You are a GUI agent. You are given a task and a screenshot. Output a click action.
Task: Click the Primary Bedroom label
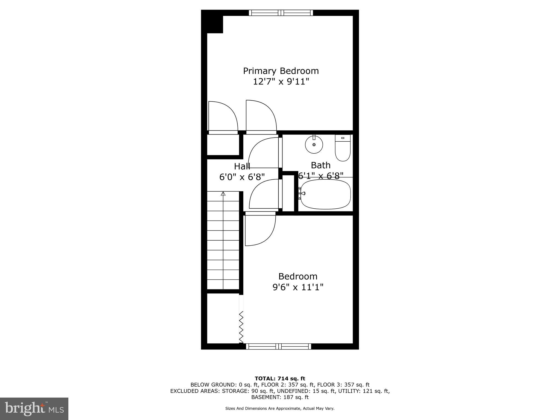[x=281, y=71]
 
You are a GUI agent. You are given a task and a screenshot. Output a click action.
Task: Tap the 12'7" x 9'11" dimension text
[x=281, y=81]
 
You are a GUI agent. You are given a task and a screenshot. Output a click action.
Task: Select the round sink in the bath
[x=314, y=144]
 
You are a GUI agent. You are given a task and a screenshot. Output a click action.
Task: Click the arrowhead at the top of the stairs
[x=223, y=194]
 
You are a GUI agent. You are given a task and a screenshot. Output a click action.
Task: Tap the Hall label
[x=242, y=166]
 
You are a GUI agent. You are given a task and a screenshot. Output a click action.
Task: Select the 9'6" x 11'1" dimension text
[x=298, y=287]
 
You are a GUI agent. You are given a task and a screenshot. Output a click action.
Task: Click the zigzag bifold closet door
[x=241, y=327]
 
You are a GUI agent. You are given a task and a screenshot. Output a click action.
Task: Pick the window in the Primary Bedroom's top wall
[x=281, y=13]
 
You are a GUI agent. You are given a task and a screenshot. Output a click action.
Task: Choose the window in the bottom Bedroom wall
[x=279, y=346]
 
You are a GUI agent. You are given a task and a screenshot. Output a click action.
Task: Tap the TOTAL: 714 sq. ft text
[x=280, y=379]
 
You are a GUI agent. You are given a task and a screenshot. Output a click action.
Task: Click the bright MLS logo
[x=34, y=409]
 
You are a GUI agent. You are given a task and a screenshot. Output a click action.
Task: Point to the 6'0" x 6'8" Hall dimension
[x=242, y=177]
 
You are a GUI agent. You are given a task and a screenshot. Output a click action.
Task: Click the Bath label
[x=320, y=165]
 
